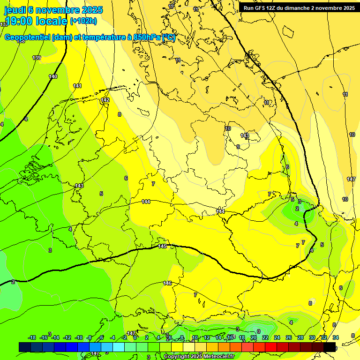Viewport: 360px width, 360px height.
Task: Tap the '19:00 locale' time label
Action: (x=36, y=21)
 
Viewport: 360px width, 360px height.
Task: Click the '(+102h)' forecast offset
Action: (x=83, y=21)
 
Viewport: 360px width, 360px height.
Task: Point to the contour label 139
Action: (x=37, y=58)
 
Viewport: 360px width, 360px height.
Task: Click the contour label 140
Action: (x=53, y=76)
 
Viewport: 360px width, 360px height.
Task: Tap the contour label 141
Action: (x=77, y=86)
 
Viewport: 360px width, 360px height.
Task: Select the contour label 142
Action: (x=105, y=100)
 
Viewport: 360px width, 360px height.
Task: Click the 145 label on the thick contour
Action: (x=162, y=246)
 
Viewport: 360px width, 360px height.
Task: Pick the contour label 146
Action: (x=167, y=283)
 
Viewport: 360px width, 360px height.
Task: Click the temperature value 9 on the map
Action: (x=238, y=147)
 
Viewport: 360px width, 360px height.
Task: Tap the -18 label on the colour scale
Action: (x=32, y=337)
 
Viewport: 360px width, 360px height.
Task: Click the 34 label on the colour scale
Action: (x=336, y=337)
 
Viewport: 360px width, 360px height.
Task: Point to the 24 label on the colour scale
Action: (x=277, y=337)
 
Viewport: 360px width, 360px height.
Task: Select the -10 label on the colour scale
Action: (x=79, y=337)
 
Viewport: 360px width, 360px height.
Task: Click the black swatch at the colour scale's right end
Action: (x=330, y=347)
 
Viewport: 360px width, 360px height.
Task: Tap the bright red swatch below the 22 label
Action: (x=271, y=347)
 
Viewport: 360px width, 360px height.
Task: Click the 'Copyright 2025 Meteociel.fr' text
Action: (x=199, y=356)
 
